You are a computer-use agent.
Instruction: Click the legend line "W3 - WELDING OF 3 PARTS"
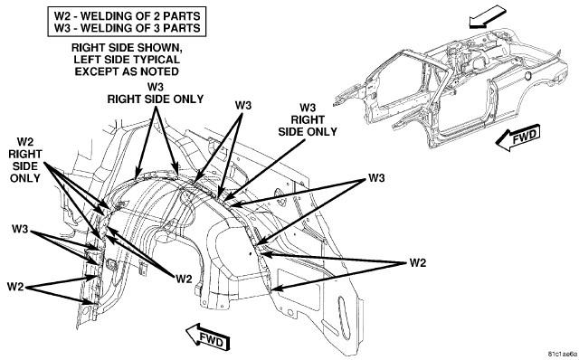(127, 28)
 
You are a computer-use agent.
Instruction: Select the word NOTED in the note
(160, 71)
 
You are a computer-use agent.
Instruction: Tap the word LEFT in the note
(86, 60)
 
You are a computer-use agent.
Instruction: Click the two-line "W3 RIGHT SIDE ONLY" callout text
(155, 93)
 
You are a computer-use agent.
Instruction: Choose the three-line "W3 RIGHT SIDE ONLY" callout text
(308, 119)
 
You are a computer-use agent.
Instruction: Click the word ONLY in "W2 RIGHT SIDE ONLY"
(24, 178)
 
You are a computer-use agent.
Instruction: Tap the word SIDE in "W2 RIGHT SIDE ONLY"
(25, 166)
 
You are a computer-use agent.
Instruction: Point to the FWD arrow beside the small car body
(517, 137)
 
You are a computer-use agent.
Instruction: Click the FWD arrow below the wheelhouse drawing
(207, 336)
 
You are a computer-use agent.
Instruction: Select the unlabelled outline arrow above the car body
(489, 17)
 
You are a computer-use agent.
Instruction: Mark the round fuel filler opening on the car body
(527, 76)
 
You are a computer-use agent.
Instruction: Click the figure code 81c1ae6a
(561, 354)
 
